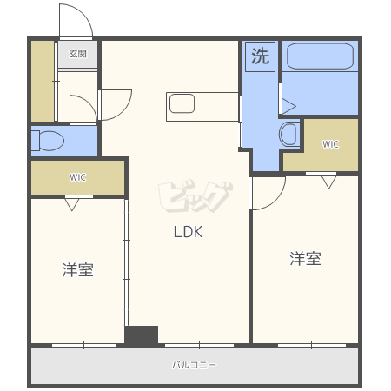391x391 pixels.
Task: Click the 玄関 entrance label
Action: click(x=77, y=54)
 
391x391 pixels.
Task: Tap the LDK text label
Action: click(x=188, y=232)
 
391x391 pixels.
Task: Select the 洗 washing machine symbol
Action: click(x=260, y=56)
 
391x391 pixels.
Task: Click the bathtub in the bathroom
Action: click(x=320, y=56)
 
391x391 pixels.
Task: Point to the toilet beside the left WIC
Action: click(x=48, y=141)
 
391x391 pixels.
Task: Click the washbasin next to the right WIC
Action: click(x=288, y=135)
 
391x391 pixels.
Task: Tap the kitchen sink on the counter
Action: click(x=182, y=103)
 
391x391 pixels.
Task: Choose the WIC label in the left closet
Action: click(x=77, y=177)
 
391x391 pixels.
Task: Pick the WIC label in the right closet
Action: click(x=330, y=144)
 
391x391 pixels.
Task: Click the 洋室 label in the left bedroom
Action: click(x=77, y=269)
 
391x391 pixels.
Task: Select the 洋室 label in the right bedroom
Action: click(x=305, y=259)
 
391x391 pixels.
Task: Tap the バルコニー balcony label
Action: click(x=194, y=365)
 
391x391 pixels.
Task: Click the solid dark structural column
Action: click(x=142, y=335)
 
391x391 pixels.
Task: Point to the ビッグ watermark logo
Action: click(x=195, y=196)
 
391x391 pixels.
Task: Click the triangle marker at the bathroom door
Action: click(x=288, y=106)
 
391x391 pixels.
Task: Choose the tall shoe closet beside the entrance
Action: click(x=43, y=81)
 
